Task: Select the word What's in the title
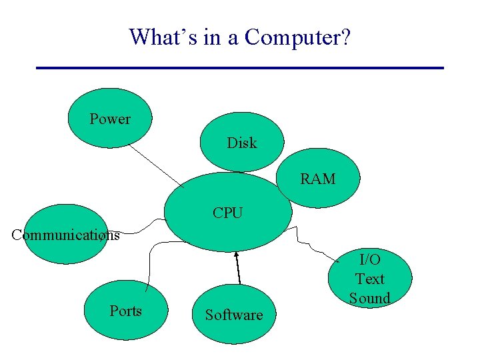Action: (158, 37)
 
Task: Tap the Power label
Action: (110, 119)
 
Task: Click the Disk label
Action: (241, 143)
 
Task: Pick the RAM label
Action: (318, 179)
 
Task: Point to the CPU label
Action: (228, 213)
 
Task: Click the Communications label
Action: (65, 235)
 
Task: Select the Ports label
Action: (125, 311)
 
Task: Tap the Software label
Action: (233, 315)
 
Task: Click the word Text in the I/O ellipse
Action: (369, 279)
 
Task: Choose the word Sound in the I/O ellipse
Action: (369, 298)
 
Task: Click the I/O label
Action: (369, 259)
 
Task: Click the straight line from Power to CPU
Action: (157, 165)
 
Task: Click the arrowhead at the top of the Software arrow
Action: (236, 254)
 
